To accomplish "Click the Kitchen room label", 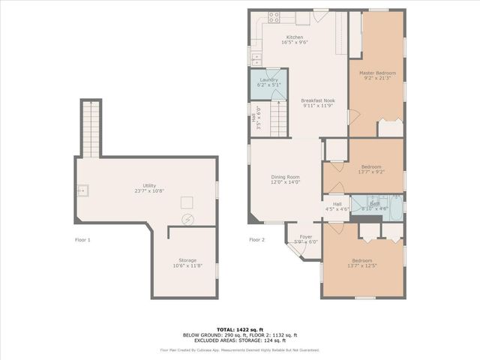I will tap(295, 37).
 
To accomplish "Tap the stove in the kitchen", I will tap(274, 16).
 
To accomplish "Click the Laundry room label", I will tap(268, 79).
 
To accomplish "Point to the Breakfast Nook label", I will tap(318, 100).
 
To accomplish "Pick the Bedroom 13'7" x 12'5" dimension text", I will tap(362, 265).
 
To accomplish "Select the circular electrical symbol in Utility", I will tap(188, 220).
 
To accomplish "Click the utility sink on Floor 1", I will tap(83, 190).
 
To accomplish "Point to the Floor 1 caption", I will tap(82, 240).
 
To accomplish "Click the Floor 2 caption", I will tap(256, 240).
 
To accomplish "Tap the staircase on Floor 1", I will tap(90, 129).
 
